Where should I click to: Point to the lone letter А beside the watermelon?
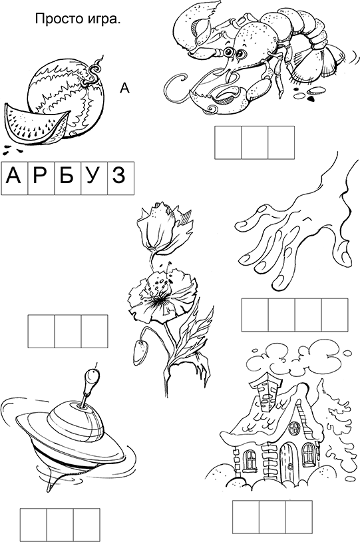[x=124, y=88]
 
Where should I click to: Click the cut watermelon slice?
[x=35, y=125]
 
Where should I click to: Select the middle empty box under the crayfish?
[x=255, y=142]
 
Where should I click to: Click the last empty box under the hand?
[x=335, y=315]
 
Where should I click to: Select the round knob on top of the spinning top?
[x=92, y=374]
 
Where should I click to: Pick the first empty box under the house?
[x=246, y=517]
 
